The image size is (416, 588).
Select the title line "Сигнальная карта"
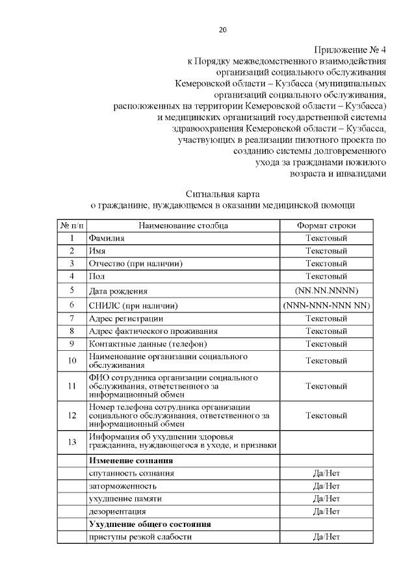pyautogui.click(x=223, y=194)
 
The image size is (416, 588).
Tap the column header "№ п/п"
pyautogui.click(x=71, y=225)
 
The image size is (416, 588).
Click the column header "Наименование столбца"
pyautogui.click(x=183, y=225)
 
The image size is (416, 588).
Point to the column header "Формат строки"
pyautogui.click(x=326, y=225)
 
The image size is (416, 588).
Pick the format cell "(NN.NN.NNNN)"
pyautogui.click(x=326, y=290)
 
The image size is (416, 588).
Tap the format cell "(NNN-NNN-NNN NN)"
pyautogui.click(x=326, y=305)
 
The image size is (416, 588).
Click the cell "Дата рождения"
pyautogui.click(x=118, y=291)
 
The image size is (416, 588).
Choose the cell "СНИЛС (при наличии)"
pyautogui.click(x=133, y=305)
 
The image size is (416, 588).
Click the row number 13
pyautogui.click(x=71, y=442)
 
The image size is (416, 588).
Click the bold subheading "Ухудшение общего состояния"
pyautogui.click(x=151, y=524)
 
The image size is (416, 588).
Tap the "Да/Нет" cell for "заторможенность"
pyautogui.click(x=326, y=486)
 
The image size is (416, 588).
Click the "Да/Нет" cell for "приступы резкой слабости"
pyautogui.click(x=326, y=537)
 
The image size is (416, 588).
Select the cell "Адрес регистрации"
pyautogui.click(x=126, y=318)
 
